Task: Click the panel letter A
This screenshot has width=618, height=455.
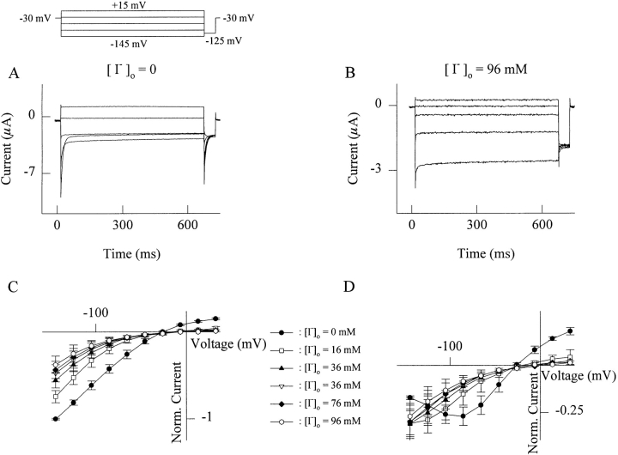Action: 14,74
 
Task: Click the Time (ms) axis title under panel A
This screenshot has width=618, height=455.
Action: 125,255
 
